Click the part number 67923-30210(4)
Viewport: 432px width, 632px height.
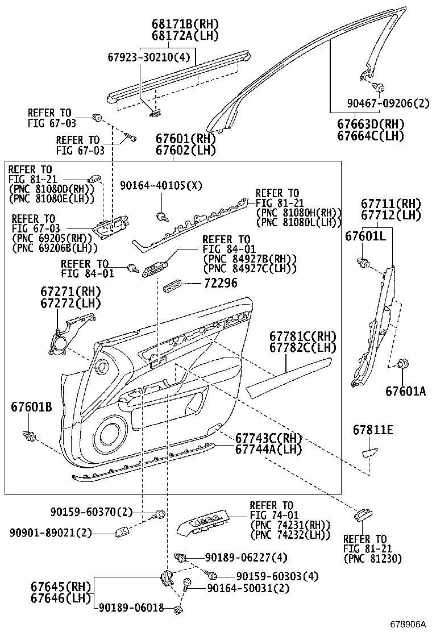pos(148,57)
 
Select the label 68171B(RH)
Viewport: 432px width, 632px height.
pos(185,24)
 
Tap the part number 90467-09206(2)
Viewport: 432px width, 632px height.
pos(388,103)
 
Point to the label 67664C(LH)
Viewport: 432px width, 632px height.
pos(370,136)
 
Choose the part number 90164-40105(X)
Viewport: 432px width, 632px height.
pos(161,186)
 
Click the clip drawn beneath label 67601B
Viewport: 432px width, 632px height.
pos(29,436)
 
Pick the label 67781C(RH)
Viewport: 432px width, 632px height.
pos(302,336)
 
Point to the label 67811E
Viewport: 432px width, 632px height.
pos(372,430)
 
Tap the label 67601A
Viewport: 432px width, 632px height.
pos(405,391)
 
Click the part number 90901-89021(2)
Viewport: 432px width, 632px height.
pos(51,533)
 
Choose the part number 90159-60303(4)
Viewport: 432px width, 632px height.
pos(277,576)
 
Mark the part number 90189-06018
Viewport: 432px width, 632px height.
pos(131,608)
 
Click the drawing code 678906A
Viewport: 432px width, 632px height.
pos(407,623)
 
